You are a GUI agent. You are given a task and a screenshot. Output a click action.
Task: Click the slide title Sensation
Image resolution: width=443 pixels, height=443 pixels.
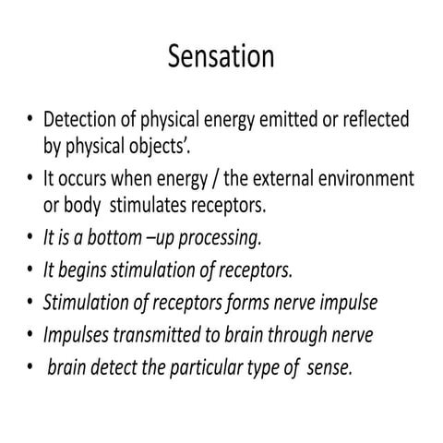coord(221,57)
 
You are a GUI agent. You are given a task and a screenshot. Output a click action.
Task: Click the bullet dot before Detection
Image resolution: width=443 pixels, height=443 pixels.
coord(30,121)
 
